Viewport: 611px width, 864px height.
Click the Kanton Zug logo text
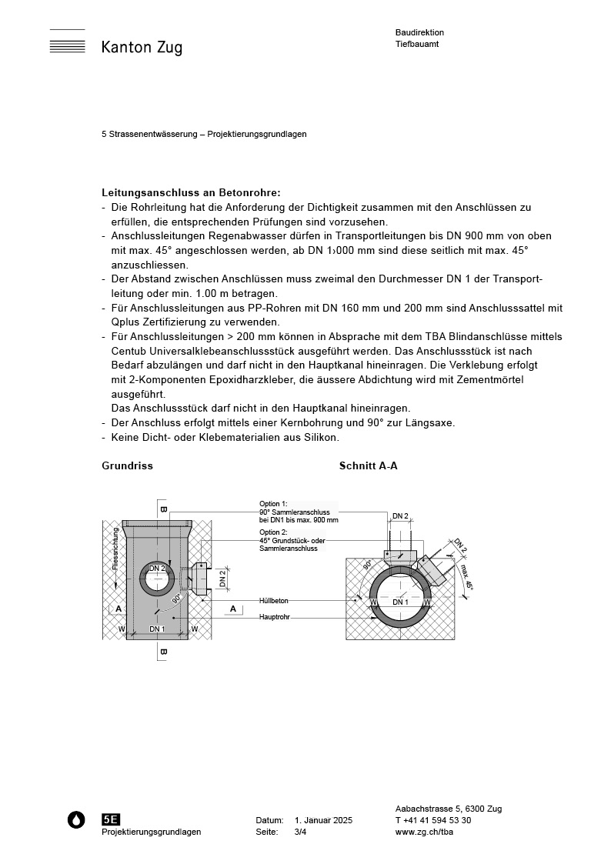click(x=142, y=48)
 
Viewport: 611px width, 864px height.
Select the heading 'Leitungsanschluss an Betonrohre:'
click(x=191, y=192)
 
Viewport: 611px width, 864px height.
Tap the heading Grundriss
click(x=127, y=466)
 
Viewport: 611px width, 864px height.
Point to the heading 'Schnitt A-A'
click(x=368, y=466)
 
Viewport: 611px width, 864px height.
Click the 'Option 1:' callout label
click(x=273, y=504)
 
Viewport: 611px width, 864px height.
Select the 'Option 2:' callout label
click(x=273, y=532)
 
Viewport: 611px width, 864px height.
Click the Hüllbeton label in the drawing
click(x=274, y=600)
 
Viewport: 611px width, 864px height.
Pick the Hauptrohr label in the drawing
click(x=274, y=617)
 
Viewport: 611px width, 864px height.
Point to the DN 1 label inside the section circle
click(x=400, y=602)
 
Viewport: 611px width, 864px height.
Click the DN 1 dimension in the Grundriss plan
click(x=157, y=629)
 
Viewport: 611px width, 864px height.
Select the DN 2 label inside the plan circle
click(x=157, y=569)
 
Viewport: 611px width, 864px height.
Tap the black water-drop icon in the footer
click(x=76, y=820)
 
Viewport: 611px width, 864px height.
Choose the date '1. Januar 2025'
click(x=323, y=821)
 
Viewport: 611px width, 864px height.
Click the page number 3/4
click(x=300, y=832)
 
